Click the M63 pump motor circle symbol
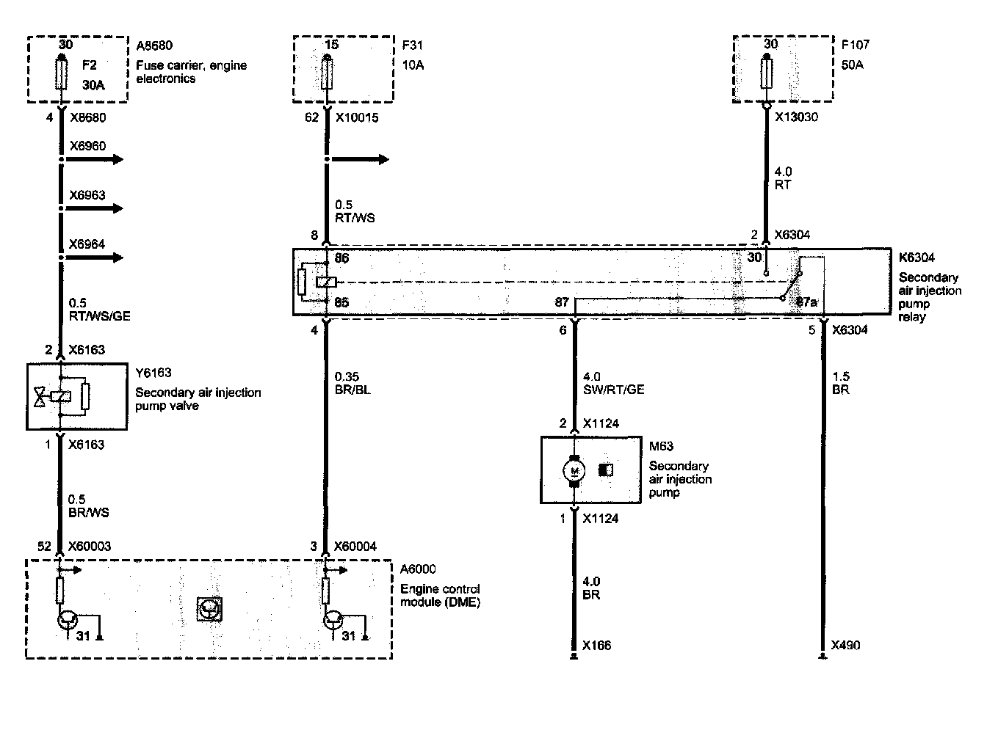574,470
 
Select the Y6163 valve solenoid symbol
60,397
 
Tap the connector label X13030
797,117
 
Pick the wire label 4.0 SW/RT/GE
612,383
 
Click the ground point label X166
596,646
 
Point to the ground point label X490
845,646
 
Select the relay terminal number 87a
806,302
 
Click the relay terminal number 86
342,258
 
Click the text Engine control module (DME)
440,596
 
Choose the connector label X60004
355,546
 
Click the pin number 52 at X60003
45,546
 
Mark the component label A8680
154,45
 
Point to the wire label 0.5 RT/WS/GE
99,309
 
